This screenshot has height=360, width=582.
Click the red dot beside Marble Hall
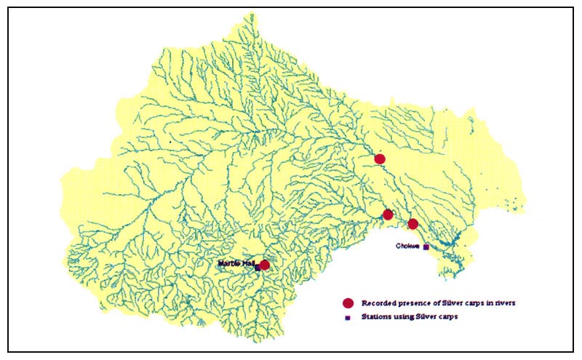coord(264,265)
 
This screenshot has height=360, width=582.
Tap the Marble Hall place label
coord(235,262)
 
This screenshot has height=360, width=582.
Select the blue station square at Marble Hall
coord(257,268)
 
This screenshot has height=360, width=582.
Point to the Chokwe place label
coord(407,246)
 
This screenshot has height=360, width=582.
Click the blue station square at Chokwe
coord(426,247)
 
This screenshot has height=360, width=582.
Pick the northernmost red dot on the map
coord(379,159)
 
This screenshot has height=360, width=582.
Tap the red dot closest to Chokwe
coord(413,224)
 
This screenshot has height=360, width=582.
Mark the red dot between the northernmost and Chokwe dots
coord(388,215)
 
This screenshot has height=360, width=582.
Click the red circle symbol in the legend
coord(348,303)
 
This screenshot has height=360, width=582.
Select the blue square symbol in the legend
coord(348,318)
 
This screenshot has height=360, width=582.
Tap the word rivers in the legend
coord(505,303)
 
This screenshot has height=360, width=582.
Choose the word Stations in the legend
coord(375,317)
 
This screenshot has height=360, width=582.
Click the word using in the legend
coord(402,318)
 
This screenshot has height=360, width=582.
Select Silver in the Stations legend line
coord(426,317)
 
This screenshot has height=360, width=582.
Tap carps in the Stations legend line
coord(449,318)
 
